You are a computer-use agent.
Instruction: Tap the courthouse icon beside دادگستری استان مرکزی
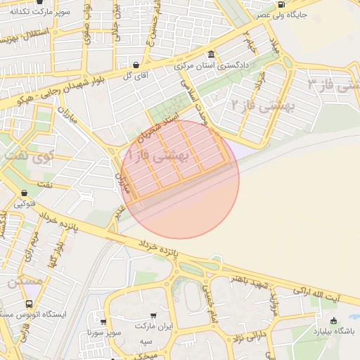coord(211,55)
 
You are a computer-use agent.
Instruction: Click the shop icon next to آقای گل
coord(136,65)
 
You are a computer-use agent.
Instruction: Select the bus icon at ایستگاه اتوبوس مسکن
coord(28,304)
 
